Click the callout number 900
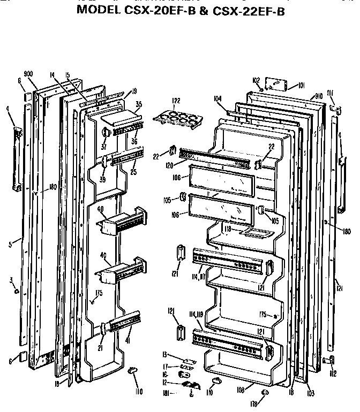point(29,74)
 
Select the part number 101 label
point(301,85)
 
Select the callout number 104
point(217,98)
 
